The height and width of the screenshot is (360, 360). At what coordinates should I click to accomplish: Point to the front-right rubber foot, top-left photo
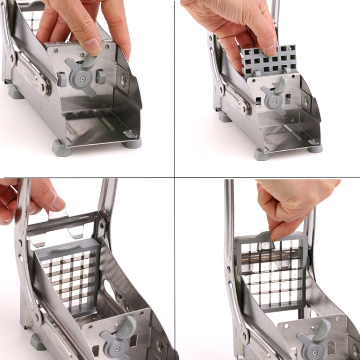[x=132, y=143]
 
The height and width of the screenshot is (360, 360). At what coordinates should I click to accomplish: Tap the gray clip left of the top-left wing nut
[x=62, y=80]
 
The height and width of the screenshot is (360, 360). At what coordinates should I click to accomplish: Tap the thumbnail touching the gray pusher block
[x=270, y=48]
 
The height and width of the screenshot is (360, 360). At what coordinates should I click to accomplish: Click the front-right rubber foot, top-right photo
[x=315, y=148]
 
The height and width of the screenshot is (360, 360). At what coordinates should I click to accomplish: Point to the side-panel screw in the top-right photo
[x=306, y=102]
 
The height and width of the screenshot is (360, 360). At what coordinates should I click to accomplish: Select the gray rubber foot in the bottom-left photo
[x=37, y=341]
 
